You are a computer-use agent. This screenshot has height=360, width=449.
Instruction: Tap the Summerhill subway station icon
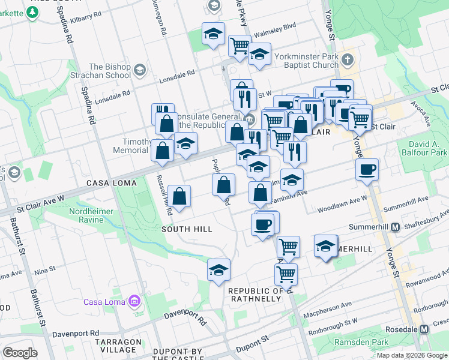396,227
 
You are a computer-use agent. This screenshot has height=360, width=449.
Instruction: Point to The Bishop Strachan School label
110,71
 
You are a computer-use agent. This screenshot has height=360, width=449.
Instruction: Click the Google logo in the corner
20,353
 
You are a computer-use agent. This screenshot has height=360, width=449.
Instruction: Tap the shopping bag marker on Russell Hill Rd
179,196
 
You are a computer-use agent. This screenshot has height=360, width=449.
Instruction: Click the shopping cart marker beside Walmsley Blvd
239,45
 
